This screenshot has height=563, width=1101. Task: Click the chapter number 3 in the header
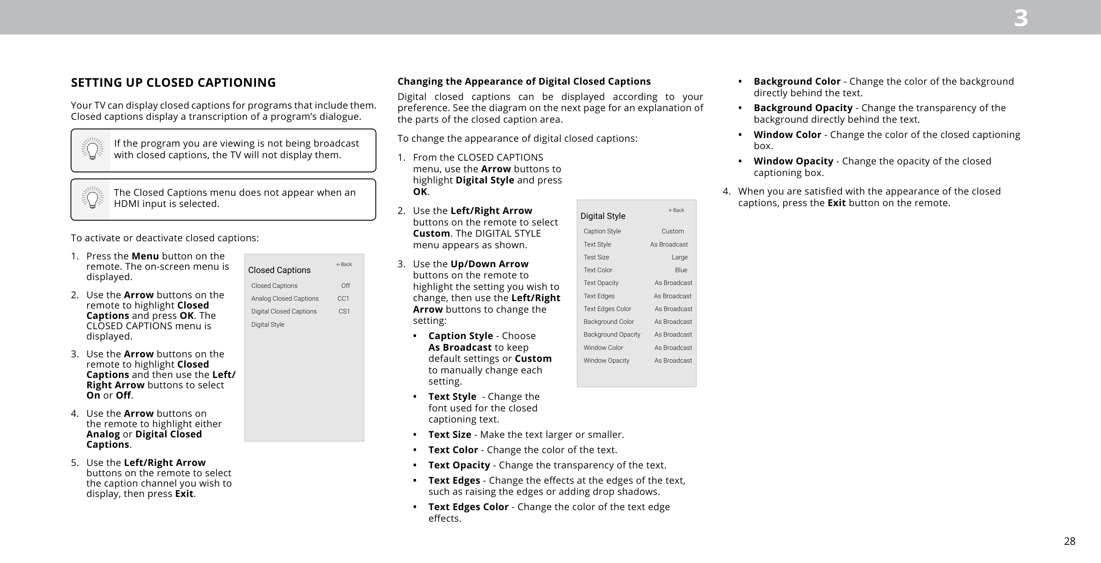[x=1020, y=19]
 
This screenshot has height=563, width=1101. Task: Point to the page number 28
[x=1069, y=541]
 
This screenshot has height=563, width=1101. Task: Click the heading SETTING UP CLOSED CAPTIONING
[x=173, y=83]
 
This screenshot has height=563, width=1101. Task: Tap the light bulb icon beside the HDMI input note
[x=92, y=199]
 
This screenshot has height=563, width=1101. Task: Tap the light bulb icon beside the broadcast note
[x=92, y=149]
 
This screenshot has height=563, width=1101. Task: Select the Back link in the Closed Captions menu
[x=344, y=264]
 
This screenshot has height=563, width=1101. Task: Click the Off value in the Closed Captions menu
[x=346, y=286]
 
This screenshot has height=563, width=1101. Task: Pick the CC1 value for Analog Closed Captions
[x=343, y=299]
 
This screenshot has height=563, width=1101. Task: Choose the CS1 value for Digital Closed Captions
[x=344, y=311]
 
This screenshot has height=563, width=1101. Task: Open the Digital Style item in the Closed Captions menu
[x=268, y=324]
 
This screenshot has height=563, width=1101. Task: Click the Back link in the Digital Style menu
[x=676, y=210]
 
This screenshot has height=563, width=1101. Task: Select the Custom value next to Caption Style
[x=672, y=231]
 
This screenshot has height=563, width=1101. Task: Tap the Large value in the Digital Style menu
[x=679, y=257]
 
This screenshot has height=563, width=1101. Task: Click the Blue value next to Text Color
[x=681, y=270]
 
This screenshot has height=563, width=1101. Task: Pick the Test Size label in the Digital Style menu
[x=596, y=257]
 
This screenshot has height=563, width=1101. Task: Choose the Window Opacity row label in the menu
[x=606, y=361]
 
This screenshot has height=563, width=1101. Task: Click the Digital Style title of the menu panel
[x=603, y=216]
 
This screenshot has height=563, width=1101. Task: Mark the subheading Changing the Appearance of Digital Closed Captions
[x=524, y=81]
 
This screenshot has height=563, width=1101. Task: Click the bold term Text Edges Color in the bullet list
[x=469, y=507]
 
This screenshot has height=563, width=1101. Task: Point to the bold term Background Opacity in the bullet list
[x=803, y=108]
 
